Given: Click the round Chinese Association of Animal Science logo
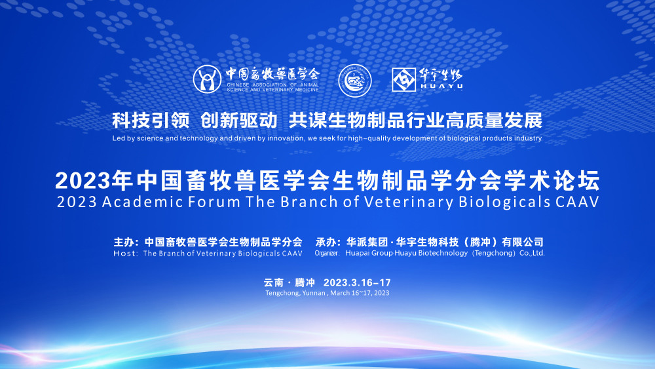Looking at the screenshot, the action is coord(207,79).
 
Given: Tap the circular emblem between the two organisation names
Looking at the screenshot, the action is coord(354,80).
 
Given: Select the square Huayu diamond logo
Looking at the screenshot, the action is coord(403,79).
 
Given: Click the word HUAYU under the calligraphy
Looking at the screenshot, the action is coord(441,86).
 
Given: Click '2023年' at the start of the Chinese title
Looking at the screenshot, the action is coord(94,180).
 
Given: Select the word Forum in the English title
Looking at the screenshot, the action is coord(214,202).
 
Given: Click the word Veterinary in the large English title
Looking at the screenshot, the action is coord(409,203).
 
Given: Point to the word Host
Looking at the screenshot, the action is coord(124,253).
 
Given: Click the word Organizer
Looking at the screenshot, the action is coord(327,253).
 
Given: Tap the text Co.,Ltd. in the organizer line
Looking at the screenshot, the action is coord(532,253).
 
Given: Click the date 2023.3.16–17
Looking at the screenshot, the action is coord(357,282).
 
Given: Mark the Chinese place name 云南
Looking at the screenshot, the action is coord(274,282).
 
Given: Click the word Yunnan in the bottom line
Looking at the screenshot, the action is coord(313,293).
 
